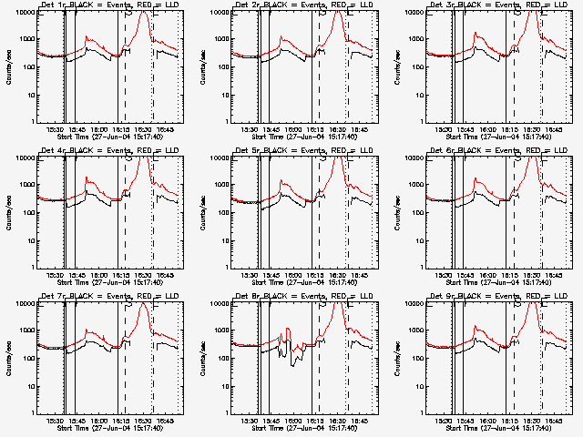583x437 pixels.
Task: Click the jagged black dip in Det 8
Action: pos(293,360)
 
